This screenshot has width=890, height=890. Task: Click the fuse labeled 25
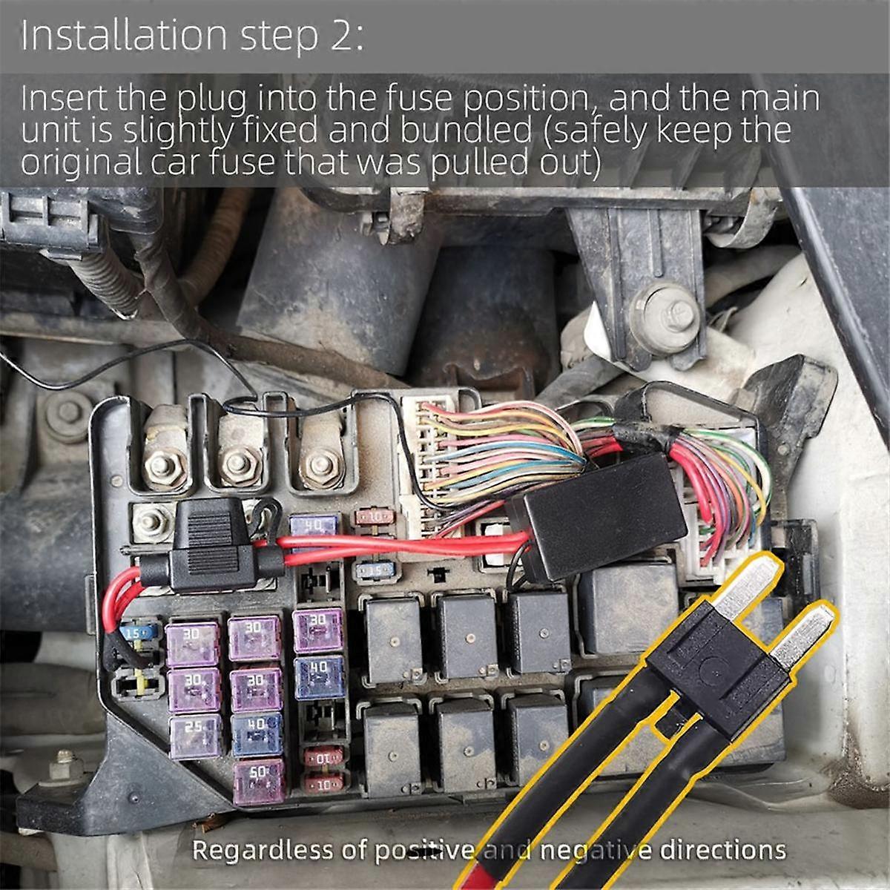(195, 735)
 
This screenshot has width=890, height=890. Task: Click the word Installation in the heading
(123, 36)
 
